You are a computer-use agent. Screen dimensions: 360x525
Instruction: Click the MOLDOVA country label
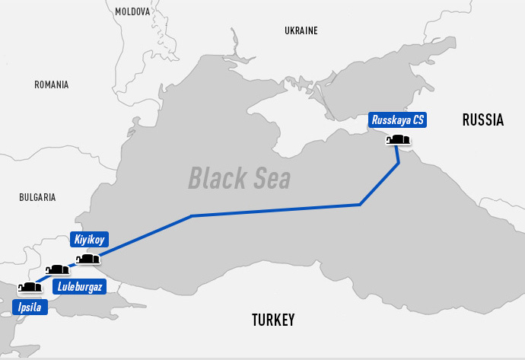(x=133, y=11)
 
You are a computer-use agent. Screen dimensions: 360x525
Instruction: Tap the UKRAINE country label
(x=301, y=31)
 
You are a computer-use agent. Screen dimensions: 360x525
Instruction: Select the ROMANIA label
(x=51, y=85)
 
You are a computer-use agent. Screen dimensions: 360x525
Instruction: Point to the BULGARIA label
(x=37, y=197)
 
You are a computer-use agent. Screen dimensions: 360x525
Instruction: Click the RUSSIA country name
(x=483, y=119)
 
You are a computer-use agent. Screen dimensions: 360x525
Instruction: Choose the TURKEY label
(x=273, y=320)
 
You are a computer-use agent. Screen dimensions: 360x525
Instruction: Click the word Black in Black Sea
(x=214, y=178)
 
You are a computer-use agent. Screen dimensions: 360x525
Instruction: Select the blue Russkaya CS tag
(x=398, y=119)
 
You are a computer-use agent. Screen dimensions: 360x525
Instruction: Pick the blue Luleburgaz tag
(x=79, y=287)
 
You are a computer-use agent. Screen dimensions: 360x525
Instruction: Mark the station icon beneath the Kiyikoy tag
(x=88, y=260)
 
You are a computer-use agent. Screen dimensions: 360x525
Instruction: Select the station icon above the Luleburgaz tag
(x=58, y=270)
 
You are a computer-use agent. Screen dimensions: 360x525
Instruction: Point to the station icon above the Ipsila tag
(x=29, y=288)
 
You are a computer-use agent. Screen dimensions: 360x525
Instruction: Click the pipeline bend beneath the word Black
(x=192, y=216)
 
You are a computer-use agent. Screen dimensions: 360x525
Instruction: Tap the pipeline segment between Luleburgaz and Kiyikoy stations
(x=73, y=266)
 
